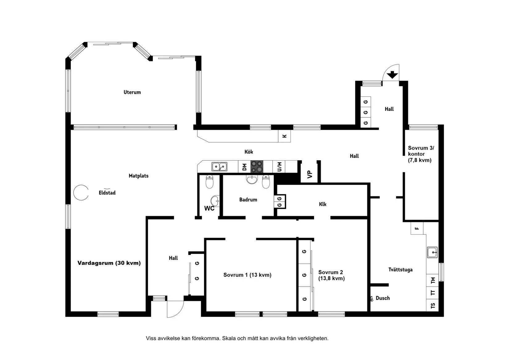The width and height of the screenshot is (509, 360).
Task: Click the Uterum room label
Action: pos(132,92)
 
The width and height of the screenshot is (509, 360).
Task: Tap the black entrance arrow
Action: pos(392,75)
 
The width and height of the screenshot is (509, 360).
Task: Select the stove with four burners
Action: pos(257,166)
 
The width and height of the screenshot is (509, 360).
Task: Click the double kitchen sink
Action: pos(219,167)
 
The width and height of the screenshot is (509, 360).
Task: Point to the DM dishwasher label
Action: pos(245,167)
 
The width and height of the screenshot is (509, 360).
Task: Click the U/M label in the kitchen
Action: pos(279,167)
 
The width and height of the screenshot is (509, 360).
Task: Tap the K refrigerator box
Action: pos(284,136)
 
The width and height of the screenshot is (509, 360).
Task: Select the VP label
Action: pos(310,174)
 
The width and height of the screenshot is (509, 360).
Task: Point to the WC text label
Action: pos(209,208)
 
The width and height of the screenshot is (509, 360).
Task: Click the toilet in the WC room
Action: pos(209,182)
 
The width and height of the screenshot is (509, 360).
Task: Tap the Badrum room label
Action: pos(248,200)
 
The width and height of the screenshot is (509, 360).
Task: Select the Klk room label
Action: pos(323,204)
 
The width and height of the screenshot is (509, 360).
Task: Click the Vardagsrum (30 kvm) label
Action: pos(109,263)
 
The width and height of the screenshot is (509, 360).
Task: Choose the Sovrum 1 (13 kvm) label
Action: pos(247,275)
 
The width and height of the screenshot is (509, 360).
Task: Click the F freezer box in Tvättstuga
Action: pos(417,228)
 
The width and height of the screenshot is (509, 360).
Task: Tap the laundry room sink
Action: pos(432,252)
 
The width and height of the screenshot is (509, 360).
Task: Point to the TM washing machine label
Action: pos(433,280)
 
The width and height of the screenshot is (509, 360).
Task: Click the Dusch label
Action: pos(383,298)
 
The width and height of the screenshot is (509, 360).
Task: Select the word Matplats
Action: pos(139,176)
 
